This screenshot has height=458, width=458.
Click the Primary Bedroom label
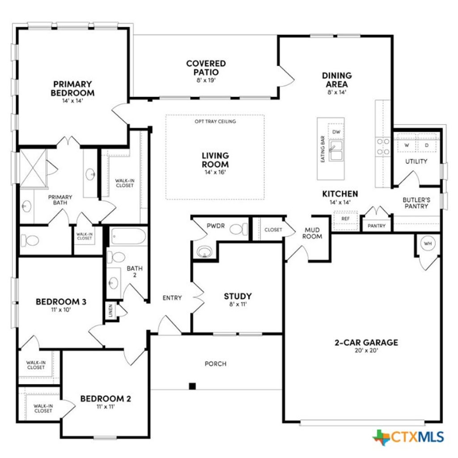click(x=72, y=88)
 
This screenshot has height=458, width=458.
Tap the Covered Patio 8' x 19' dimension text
click(x=206, y=81)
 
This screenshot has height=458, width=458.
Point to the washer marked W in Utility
click(x=407, y=145)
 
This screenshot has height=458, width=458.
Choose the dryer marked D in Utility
click(x=426, y=145)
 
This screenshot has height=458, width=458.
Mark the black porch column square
click(x=192, y=386)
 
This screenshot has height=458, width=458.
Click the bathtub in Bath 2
click(x=128, y=236)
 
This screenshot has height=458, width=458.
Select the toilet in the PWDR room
click(x=238, y=229)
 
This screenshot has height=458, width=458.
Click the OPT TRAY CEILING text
click(x=215, y=121)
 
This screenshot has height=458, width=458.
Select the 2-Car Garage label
click(x=366, y=343)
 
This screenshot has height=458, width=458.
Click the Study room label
click(x=237, y=296)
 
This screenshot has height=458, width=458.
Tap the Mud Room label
click(x=312, y=233)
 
